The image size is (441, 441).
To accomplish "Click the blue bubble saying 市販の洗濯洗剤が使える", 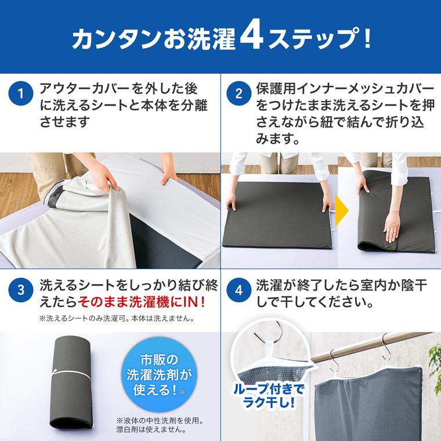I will coord(154,374).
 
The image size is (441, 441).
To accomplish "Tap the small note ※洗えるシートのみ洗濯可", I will coord(116,319).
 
